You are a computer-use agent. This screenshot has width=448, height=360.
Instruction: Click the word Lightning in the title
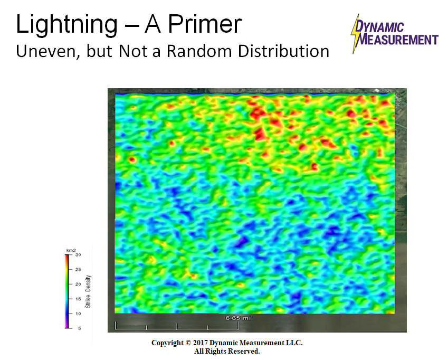click(66, 25)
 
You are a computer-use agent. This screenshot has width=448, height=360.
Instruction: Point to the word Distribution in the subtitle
click(284, 51)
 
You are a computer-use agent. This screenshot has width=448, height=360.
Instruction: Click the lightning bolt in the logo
click(356, 34)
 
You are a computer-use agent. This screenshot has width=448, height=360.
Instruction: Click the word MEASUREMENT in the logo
click(398, 40)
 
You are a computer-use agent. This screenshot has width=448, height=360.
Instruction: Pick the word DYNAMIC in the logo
click(379, 27)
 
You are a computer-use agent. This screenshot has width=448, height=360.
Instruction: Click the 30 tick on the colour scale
click(78, 254)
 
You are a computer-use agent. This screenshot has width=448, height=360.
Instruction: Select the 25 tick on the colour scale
click(78, 269)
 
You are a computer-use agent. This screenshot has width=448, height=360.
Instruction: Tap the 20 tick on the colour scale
click(78, 285)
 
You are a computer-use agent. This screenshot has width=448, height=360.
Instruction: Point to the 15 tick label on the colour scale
click(78, 299)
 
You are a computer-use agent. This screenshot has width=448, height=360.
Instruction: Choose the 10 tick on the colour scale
click(78, 314)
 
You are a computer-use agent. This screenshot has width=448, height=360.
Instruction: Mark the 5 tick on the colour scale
click(80, 328)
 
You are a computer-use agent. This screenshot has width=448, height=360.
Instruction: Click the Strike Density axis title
click(88, 291)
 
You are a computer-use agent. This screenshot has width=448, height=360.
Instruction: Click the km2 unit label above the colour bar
click(71, 251)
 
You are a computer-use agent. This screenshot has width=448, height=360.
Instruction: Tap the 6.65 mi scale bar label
click(238, 318)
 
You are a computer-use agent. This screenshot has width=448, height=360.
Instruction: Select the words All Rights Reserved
click(227, 352)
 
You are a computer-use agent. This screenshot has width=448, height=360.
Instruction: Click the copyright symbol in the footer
click(188, 343)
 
